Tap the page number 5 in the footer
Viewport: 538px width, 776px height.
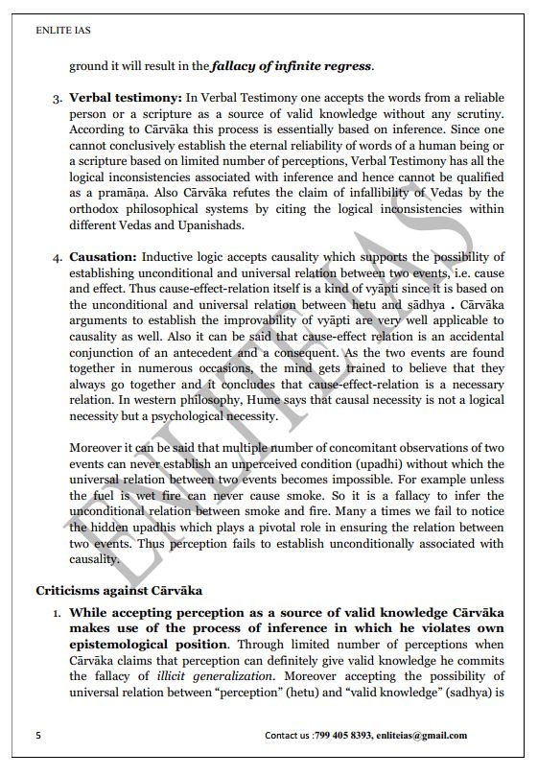pos(38,736)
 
